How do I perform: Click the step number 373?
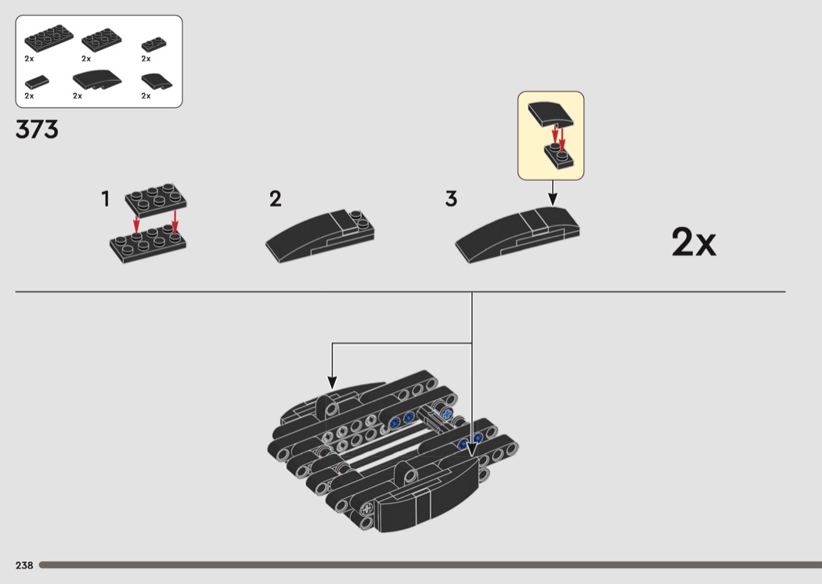(x=37, y=129)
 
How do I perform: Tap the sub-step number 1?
(x=105, y=200)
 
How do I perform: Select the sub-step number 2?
(x=275, y=199)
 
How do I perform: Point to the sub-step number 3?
(x=451, y=199)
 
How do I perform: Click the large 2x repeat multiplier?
(x=693, y=243)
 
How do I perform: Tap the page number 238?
(x=23, y=565)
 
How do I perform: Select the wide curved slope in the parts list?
(x=97, y=80)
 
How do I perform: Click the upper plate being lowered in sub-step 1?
(x=156, y=196)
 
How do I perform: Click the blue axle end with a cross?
(x=447, y=413)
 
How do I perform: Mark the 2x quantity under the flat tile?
(x=29, y=96)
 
